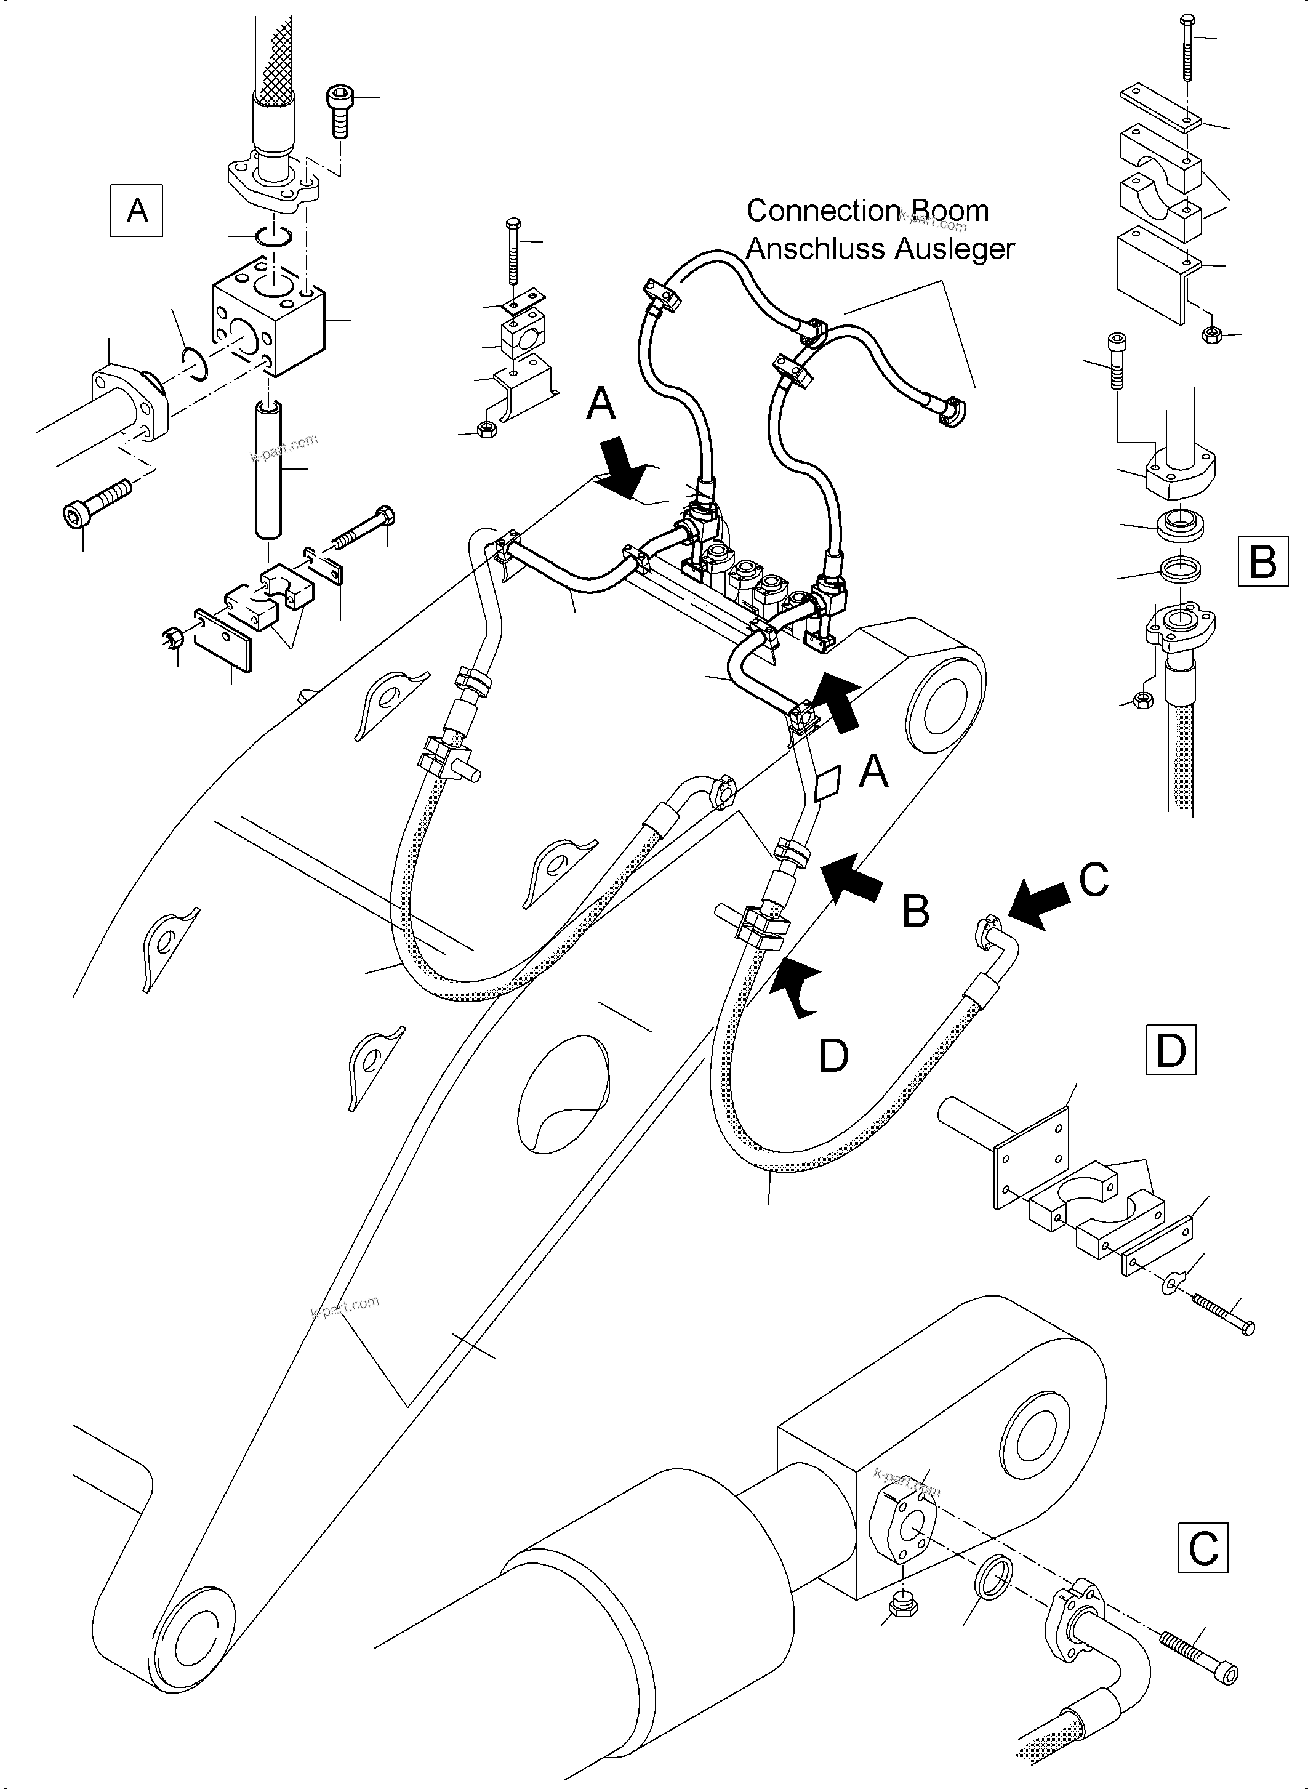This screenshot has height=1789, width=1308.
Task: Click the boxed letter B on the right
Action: [x=1262, y=561]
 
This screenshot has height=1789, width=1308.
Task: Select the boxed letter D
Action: [x=1170, y=1050]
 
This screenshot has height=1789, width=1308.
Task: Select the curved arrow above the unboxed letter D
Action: [x=796, y=986]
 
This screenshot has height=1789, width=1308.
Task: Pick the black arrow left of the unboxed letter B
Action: [x=851, y=876]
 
